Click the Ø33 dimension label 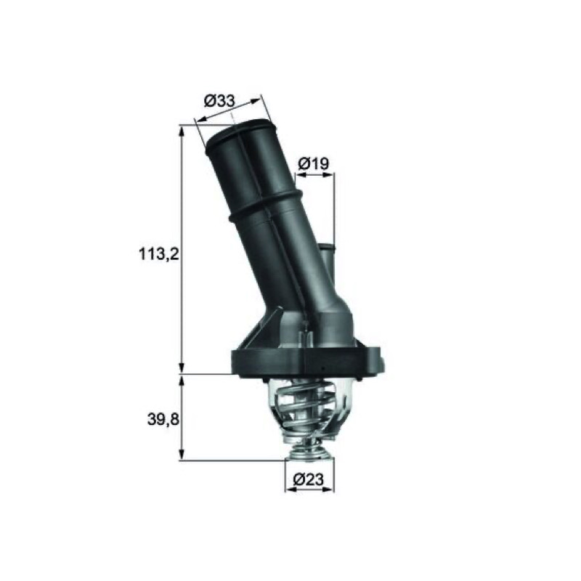(219, 100)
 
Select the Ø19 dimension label (314, 163)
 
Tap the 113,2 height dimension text (159, 254)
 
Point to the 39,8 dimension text (163, 420)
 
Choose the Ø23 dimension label (308, 479)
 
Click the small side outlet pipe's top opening (326, 246)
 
